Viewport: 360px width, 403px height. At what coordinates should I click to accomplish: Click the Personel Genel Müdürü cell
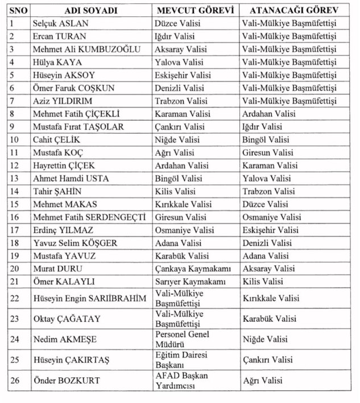coord(179,339)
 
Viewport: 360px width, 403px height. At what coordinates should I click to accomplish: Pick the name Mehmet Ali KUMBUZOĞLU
coord(86,49)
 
